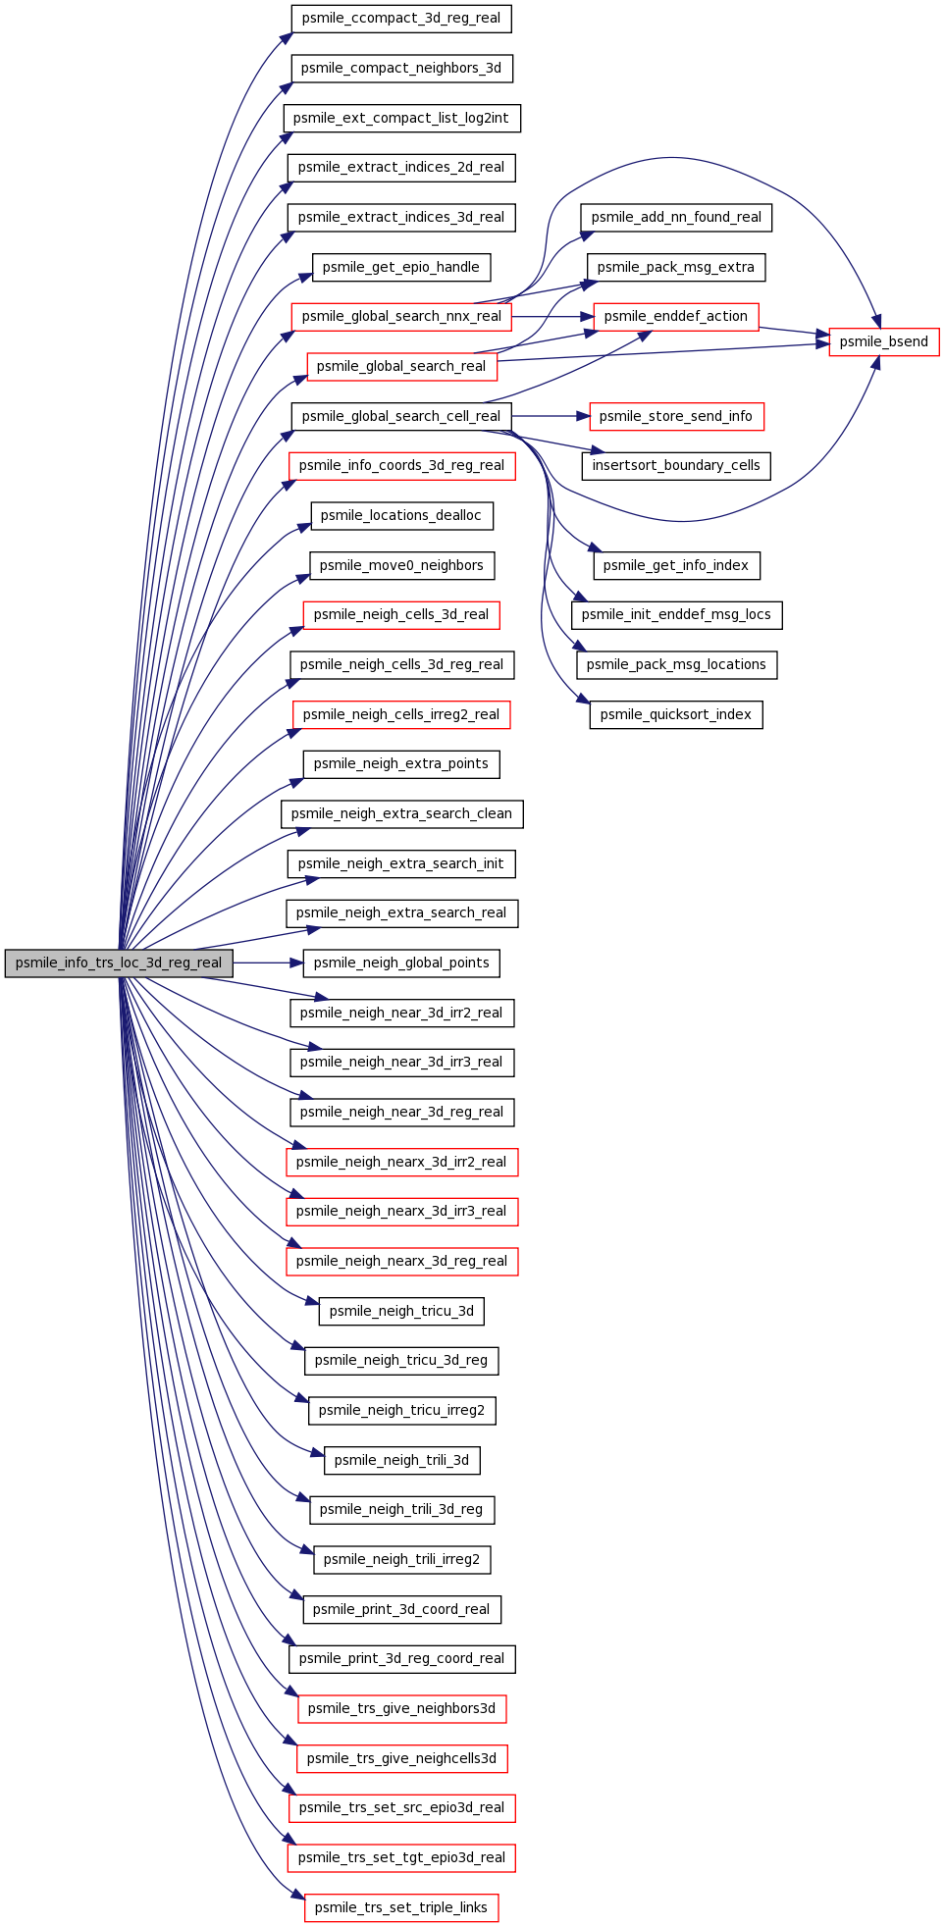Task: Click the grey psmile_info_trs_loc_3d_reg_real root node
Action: [x=119, y=963]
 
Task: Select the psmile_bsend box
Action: [x=884, y=341]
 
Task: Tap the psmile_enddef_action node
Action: [x=676, y=316]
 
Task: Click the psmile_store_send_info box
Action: [x=676, y=416]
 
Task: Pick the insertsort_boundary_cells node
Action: [x=676, y=465]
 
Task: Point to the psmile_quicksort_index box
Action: [x=676, y=714]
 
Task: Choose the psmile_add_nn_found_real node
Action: [x=676, y=217]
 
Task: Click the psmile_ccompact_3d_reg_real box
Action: [x=401, y=18]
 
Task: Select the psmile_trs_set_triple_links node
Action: [x=401, y=1907]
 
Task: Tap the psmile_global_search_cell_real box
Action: [x=401, y=416]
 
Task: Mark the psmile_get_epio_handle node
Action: [x=401, y=267]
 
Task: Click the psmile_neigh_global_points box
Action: [x=401, y=963]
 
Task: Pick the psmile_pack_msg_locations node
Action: [x=676, y=664]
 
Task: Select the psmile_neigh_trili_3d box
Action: [x=401, y=1460]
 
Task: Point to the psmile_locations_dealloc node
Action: [x=401, y=515]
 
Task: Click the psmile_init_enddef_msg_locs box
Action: [x=676, y=614]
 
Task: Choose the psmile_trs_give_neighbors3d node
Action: [x=401, y=1708]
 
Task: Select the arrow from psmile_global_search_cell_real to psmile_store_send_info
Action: [x=550, y=416]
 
